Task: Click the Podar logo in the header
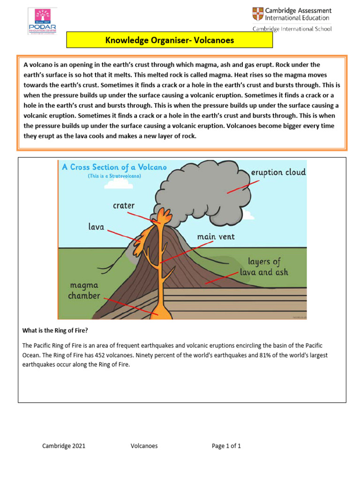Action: pos(42,21)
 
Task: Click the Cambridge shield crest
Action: pos(258,14)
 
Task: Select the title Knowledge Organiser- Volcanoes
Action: pos(169,40)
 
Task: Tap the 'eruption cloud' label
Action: pos(278,172)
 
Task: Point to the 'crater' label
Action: pos(123,205)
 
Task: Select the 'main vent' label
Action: pos(216,237)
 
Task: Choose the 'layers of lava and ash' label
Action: pos(264,267)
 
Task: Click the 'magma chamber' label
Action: pos(84,290)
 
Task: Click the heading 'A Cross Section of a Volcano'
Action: pos(114,167)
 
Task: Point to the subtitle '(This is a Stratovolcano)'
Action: pos(114,176)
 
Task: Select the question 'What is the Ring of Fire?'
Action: pos(55,330)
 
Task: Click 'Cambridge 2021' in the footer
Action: pos(64,446)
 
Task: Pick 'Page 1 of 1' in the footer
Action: pos(226,446)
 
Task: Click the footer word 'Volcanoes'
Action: pos(144,446)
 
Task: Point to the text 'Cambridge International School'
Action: pos(292,29)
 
